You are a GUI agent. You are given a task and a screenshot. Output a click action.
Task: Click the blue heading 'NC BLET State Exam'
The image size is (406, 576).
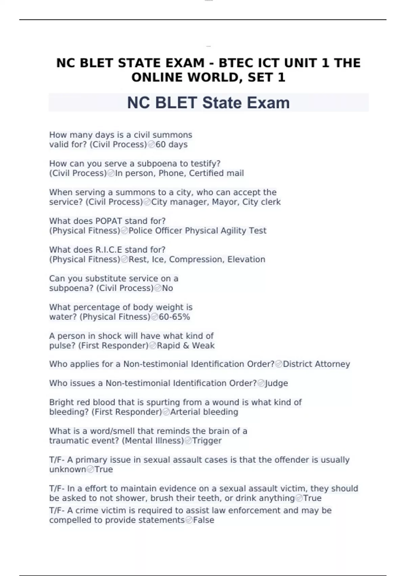coord(208,103)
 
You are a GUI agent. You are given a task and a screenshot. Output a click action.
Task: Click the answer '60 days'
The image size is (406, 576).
coord(171,144)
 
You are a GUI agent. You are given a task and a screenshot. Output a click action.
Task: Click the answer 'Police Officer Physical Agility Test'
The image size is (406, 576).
coord(197,231)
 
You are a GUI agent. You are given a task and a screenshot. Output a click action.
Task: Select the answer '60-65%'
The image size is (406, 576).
coord(174,317)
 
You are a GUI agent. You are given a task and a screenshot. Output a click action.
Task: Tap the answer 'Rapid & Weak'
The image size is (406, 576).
coord(186,346)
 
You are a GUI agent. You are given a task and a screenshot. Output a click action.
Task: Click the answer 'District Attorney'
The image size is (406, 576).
coord(316,364)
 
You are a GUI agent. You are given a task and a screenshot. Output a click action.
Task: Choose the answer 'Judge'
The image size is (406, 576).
coord(276,383)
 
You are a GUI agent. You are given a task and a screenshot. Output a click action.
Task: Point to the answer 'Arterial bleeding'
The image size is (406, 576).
coord(204,412)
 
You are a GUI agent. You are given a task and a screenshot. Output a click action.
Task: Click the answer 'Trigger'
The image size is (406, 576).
coord(207,441)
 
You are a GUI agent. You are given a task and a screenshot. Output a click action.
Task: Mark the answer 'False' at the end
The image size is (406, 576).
coord(203,520)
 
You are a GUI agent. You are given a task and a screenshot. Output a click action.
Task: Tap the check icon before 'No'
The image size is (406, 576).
coord(158,288)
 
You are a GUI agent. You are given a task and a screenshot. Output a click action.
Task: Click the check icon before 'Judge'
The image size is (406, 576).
coord(261,383)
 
